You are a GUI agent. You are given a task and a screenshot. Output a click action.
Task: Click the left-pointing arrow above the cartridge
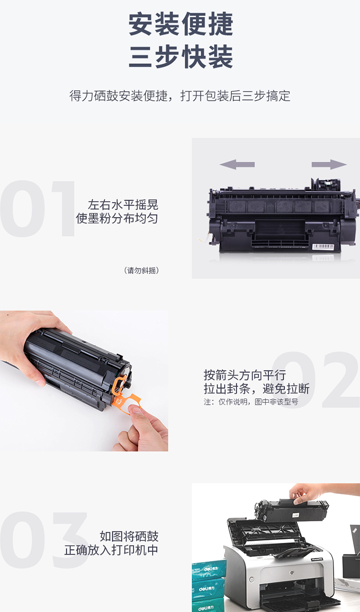(237, 164)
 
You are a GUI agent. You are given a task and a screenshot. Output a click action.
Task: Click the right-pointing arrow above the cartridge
(329, 164)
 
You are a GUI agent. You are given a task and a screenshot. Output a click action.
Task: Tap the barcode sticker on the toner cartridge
(323, 246)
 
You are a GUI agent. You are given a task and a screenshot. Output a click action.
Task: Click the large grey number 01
(38, 208)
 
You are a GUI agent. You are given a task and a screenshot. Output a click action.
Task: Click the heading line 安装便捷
(180, 24)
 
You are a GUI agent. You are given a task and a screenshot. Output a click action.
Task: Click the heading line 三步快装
(180, 57)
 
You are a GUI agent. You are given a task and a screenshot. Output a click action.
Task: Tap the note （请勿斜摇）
(141, 271)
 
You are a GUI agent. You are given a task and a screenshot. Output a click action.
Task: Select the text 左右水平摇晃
(123, 204)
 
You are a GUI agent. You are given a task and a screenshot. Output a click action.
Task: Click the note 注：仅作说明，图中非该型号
(251, 402)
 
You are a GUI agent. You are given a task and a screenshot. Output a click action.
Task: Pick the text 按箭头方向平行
(245, 375)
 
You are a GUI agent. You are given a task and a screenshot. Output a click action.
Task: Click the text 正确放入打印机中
(111, 550)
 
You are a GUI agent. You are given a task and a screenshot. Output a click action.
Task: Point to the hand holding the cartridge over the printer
(314, 493)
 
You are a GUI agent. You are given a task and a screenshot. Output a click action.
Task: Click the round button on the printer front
(252, 579)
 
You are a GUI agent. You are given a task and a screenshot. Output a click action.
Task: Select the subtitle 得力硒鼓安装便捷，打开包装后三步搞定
(180, 96)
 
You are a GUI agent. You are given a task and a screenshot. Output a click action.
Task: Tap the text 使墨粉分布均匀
(117, 218)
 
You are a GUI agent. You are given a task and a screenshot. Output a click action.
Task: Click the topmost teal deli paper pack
(209, 569)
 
